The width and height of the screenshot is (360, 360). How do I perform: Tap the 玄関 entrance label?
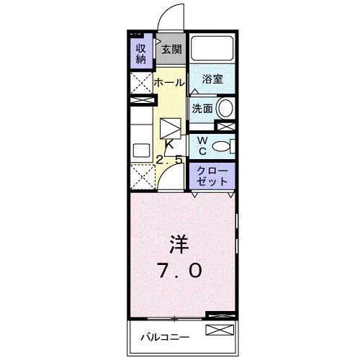171,50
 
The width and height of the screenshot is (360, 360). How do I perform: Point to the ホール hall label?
170,83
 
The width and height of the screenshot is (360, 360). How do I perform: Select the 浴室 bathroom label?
212,79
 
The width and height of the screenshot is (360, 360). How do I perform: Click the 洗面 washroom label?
202,109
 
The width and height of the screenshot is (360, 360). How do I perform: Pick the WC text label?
203,145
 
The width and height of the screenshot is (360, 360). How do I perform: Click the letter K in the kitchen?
170,144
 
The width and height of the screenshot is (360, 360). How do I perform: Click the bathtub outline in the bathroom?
213,50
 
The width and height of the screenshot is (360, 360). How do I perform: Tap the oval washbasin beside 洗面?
225,109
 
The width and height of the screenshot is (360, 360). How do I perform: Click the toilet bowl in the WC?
225,146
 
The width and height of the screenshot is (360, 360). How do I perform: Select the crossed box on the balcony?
220,331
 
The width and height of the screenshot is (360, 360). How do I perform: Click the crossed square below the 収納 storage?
140,81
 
